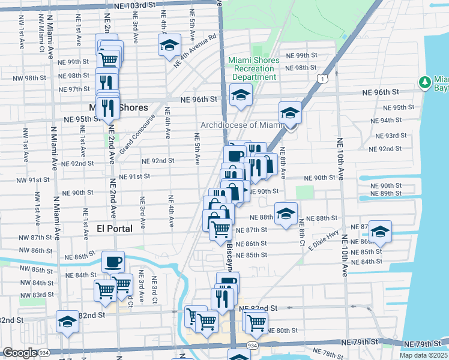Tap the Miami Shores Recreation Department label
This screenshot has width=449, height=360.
click(253, 68)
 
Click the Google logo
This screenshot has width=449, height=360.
click(20, 353)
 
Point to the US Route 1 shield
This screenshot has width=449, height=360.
click(324, 79)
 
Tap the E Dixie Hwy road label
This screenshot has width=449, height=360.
click(326, 240)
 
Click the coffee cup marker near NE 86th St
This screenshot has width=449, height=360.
click(113, 262)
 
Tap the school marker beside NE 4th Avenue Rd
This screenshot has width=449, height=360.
click(169, 44)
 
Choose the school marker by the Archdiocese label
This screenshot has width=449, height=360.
click(290, 112)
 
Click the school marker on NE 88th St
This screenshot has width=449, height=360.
click(286, 214)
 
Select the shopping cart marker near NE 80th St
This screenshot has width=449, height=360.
click(256, 322)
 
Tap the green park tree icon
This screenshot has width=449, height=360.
click(426, 82)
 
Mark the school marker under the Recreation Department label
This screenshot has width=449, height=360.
click(241, 95)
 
